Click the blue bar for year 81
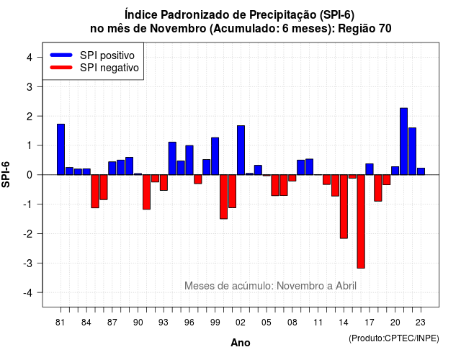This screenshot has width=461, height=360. pyautogui.click(x=61, y=149)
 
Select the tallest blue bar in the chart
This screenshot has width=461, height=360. pyautogui.click(x=403, y=141)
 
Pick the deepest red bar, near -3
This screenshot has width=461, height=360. pyautogui.click(x=361, y=221)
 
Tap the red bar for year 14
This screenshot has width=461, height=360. pyautogui.click(x=344, y=207)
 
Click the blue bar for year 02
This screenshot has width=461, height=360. pyautogui.click(x=241, y=150)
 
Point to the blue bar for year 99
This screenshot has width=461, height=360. pyautogui.click(x=215, y=156)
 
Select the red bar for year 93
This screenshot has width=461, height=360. pyautogui.click(x=164, y=182)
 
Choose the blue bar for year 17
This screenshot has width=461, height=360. pyautogui.click(x=370, y=169)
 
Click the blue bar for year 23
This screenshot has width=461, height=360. pyautogui.click(x=421, y=171)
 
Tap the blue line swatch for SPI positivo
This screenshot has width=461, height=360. pyautogui.click(x=61, y=55)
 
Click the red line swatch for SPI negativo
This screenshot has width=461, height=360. pyautogui.click(x=61, y=67)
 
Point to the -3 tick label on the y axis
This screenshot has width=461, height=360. pyautogui.click(x=28, y=263)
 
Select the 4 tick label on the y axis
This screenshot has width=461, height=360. pyautogui.click(x=30, y=58)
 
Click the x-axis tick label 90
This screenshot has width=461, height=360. pyautogui.click(x=138, y=323)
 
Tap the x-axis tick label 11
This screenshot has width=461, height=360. pyautogui.click(x=318, y=323)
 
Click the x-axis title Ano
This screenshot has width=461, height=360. pyautogui.click(x=240, y=343)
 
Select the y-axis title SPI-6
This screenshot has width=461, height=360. pyautogui.click(x=6, y=174)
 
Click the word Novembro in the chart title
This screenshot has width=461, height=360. pyautogui.click(x=178, y=29)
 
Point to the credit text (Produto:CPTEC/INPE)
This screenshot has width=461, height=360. pyautogui.click(x=394, y=338)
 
